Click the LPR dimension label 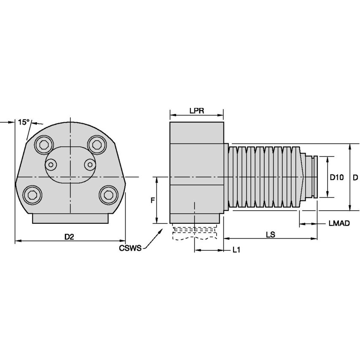coord(196,111)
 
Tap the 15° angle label coord(24,122)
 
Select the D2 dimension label coord(69,237)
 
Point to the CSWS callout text coord(130,248)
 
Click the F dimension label coord(153,200)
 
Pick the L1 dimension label coord(236,250)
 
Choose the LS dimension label coord(271,235)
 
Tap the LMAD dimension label coord(339,223)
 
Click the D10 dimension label coord(336,177)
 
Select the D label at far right coord(355,177)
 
